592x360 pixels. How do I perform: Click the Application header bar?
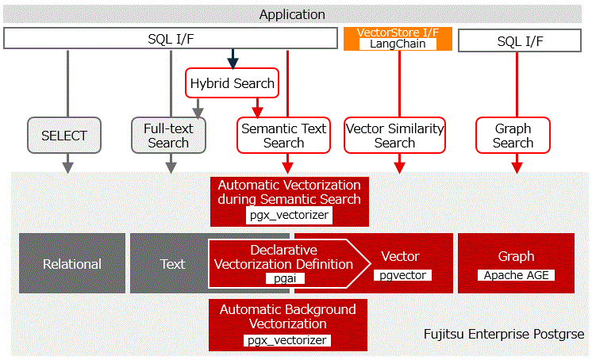pos(292,14)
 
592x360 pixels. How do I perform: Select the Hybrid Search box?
pos(232,82)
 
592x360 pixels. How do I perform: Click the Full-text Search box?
pos(168,136)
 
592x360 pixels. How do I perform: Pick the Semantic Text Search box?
pos(283,136)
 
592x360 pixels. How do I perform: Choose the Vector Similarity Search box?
pos(394,136)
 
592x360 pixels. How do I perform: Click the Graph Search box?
pos(513,136)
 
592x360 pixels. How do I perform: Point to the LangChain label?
pos(398,44)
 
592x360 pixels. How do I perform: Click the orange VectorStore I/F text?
pos(398,33)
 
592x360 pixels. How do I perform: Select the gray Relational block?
pos(72,264)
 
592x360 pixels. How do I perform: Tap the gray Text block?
pos(172,264)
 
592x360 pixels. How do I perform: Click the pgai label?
pos(283,278)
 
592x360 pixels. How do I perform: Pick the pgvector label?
pos(400,275)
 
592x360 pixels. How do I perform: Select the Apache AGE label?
pos(516,275)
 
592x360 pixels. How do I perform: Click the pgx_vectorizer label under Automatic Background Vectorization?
pos(287,340)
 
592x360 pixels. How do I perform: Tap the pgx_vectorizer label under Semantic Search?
pos(289,214)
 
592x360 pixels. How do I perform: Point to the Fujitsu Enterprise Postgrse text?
pos(503,335)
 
